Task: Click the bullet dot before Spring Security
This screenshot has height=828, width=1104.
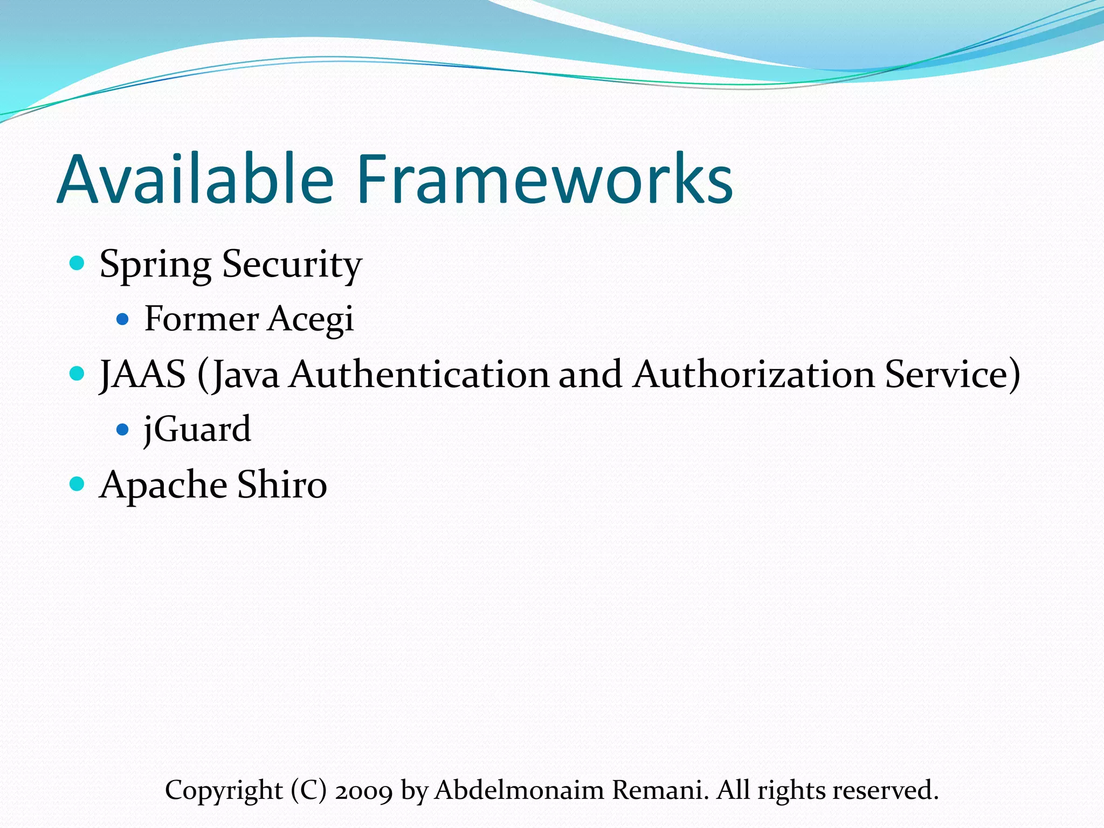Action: coord(78,263)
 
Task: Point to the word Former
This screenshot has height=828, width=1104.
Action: coord(202,319)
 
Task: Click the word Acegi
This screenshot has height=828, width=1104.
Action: coord(311,320)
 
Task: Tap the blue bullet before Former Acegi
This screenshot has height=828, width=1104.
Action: coord(123,320)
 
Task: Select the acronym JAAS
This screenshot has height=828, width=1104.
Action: coord(143,375)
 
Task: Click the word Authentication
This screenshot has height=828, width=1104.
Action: coord(419,375)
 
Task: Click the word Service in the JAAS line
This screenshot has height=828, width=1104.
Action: coord(947,375)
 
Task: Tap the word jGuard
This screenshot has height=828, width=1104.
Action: coord(197,430)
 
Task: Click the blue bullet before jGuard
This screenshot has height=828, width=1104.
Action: coord(123,430)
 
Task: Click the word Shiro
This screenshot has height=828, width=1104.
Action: coord(282,484)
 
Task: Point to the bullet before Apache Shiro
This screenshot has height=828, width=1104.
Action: coord(78,484)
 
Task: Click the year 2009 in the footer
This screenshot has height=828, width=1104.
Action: coord(364,791)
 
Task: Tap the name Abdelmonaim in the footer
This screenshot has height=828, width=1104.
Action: coord(520,790)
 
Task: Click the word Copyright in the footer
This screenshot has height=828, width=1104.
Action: coord(224,791)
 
